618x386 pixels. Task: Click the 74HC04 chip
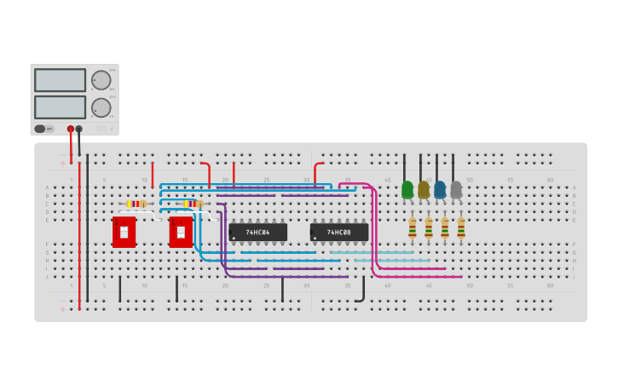[257, 232]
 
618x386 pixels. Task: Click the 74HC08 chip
[339, 232]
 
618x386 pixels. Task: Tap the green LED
[407, 189]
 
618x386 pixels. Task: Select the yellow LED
[424, 189]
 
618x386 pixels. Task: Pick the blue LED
[440, 189]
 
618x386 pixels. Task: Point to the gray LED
[456, 189]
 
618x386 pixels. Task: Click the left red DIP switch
[124, 232]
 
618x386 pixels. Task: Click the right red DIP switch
[181, 232]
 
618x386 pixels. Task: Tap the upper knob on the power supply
[101, 80]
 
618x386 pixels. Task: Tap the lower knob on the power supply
[101, 107]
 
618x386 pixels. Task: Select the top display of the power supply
[60, 80]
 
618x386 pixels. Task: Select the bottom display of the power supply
[60, 107]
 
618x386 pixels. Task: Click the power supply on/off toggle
[40, 129]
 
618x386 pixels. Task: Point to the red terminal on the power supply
[71, 129]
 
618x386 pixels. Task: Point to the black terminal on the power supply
[79, 129]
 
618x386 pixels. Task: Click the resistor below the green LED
[413, 228]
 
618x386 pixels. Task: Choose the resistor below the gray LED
[461, 228]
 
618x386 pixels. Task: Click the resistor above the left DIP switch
[136, 204]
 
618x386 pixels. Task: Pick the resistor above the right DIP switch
[193, 204]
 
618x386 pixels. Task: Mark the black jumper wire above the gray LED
[453, 167]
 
